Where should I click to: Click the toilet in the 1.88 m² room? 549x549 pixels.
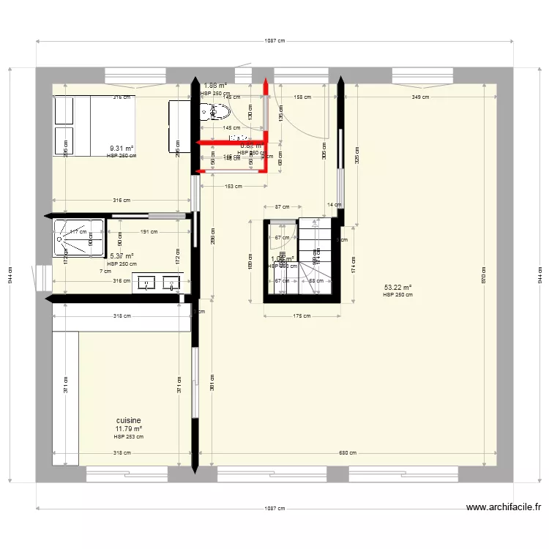click(218, 112)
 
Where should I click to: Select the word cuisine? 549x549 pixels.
click(128, 421)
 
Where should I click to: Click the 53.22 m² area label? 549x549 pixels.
click(397, 288)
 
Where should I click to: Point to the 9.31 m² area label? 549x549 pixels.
click(121, 148)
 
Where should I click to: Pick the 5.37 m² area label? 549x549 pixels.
click(122, 256)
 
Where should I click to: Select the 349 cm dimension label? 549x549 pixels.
click(420, 97)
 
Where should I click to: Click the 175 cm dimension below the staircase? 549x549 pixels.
click(303, 316)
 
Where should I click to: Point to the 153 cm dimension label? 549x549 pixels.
click(233, 186)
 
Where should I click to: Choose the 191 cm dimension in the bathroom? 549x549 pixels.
click(149, 232)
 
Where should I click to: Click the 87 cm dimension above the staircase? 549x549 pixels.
click(281, 208)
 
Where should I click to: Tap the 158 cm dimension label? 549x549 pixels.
click(302, 97)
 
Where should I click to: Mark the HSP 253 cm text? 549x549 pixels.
click(128, 437)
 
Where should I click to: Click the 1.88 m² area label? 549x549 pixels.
click(214, 86)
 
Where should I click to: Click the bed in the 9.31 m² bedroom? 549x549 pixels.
click(94, 125)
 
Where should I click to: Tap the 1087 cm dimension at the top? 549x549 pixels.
click(274, 42)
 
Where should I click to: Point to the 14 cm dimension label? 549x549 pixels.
click(335, 205)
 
